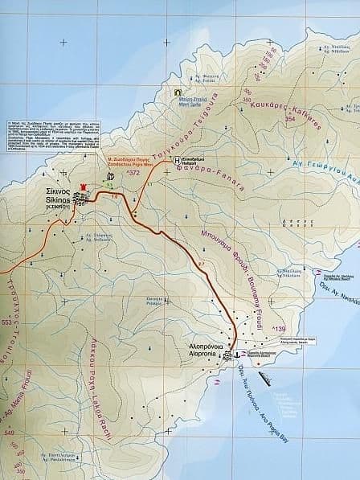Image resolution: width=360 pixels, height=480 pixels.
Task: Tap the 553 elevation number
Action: point(9,322)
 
